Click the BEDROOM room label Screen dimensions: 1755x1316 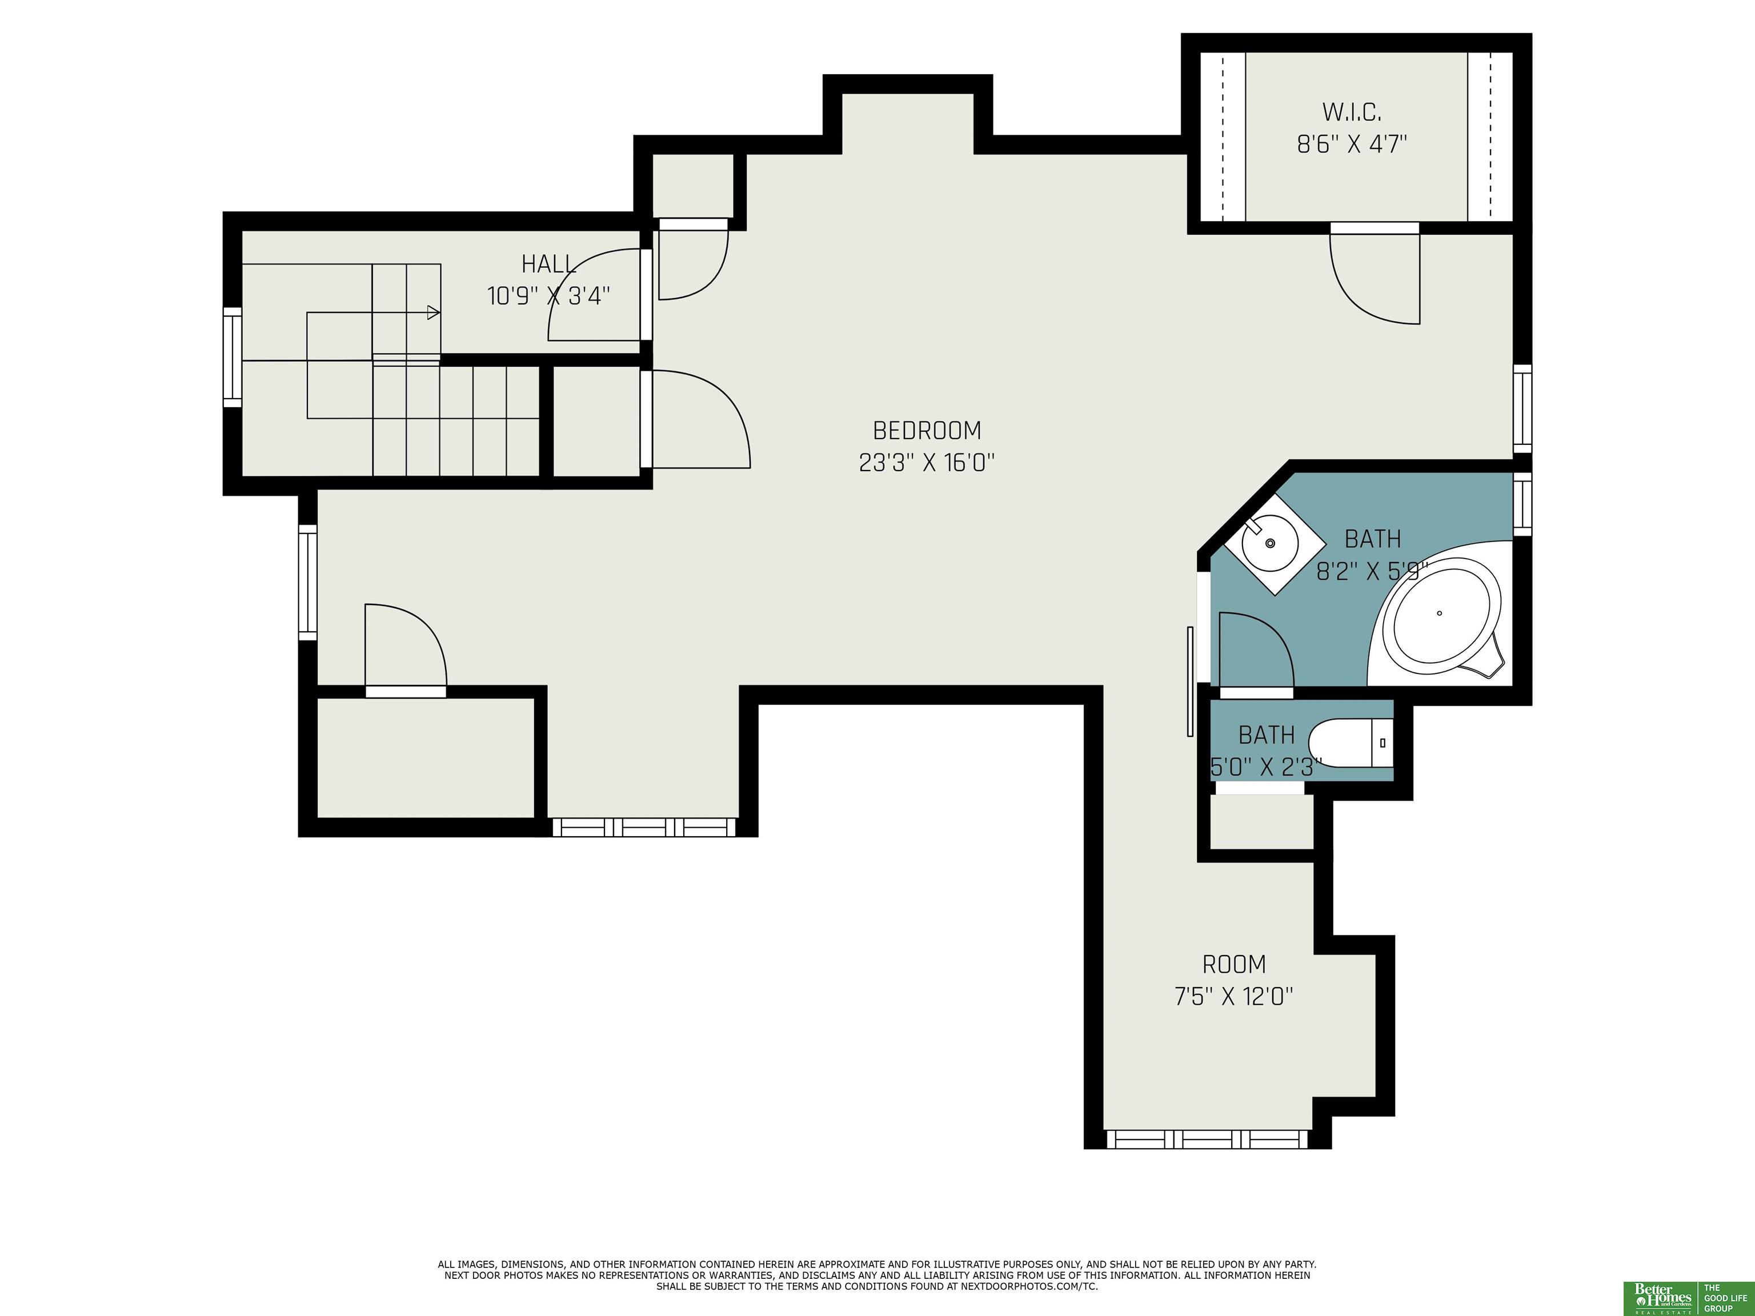[x=927, y=431]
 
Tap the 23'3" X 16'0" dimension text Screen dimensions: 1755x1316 [x=927, y=463]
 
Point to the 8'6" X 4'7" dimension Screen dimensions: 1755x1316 [x=1352, y=145]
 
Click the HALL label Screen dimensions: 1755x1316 [x=548, y=264]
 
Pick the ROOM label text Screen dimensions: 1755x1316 [x=1234, y=965]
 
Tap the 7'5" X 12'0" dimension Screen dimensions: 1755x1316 [x=1234, y=996]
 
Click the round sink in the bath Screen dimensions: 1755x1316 [x=1269, y=543]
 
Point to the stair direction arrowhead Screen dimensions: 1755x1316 [x=433, y=312]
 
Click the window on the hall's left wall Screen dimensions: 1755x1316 [x=232, y=357]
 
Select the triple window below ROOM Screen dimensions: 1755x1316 [x=1206, y=1139]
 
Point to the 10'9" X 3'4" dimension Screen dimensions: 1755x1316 [x=548, y=296]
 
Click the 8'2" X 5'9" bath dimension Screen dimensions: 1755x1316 [x=1373, y=571]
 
